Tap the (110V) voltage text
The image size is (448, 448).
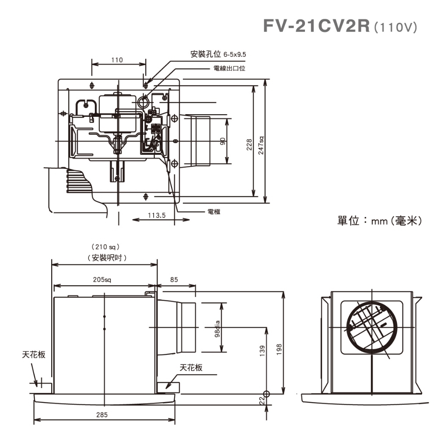tap(395, 27)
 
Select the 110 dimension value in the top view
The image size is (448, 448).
tap(117, 60)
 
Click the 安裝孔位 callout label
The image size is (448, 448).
tap(206, 55)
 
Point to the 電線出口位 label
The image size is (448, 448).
tap(229, 68)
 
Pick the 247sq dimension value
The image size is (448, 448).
tap(261, 144)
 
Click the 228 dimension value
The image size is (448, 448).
tap(249, 145)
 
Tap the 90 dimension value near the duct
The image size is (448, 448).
tap(223, 141)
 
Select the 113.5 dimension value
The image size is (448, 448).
tap(156, 215)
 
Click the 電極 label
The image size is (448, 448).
tap(214, 212)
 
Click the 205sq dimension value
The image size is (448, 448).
tap(102, 280)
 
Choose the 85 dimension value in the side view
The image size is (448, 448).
tap(174, 280)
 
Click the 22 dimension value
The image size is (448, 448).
tap(262, 399)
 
